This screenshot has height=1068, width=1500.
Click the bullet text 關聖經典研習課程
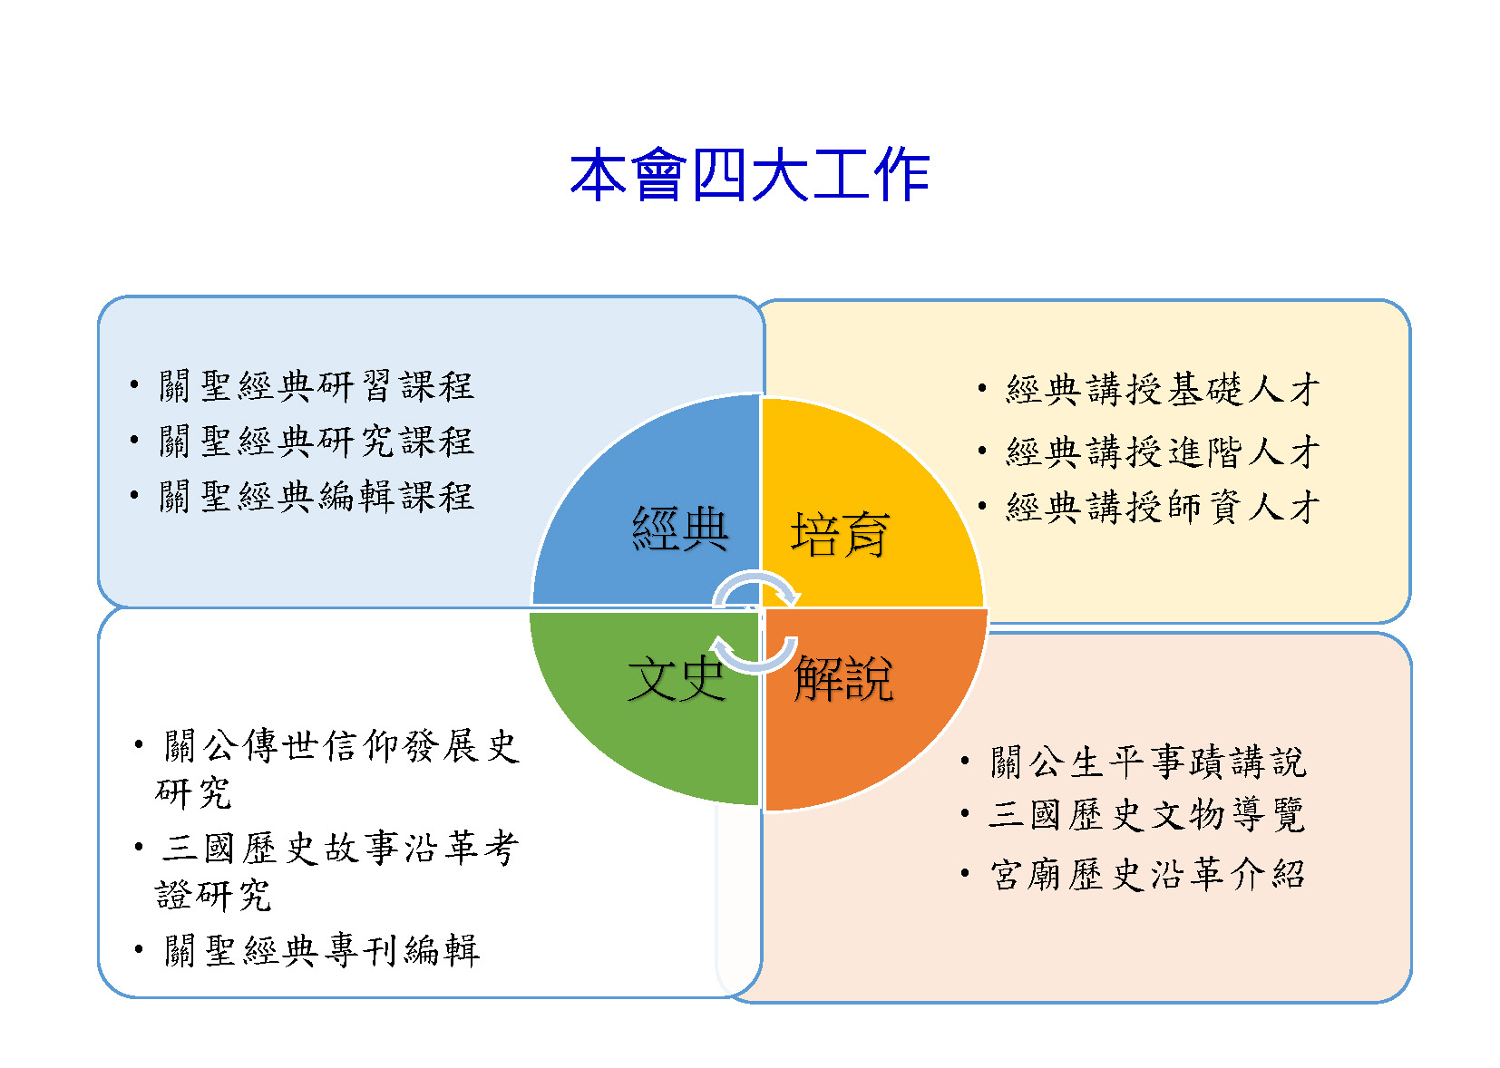tap(317, 386)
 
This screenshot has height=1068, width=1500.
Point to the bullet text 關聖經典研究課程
tap(317, 442)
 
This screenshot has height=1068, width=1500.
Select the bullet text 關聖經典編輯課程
tap(317, 497)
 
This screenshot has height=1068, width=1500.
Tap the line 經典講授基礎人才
tap(1164, 389)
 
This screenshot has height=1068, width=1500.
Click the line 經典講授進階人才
tap(1164, 451)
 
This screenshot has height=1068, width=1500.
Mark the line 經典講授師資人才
tap(1164, 507)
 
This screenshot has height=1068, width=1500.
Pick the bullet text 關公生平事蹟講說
tap(1148, 762)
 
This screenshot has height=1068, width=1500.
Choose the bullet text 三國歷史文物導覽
tap(1147, 815)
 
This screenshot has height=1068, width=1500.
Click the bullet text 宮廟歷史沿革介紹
tap(1148, 874)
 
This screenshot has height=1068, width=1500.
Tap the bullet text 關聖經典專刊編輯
tap(322, 951)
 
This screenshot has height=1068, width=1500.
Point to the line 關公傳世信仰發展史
tap(342, 746)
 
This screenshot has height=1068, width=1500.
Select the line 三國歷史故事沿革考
tap(340, 848)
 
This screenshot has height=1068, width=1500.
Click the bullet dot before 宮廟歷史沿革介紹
tap(965, 873)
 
